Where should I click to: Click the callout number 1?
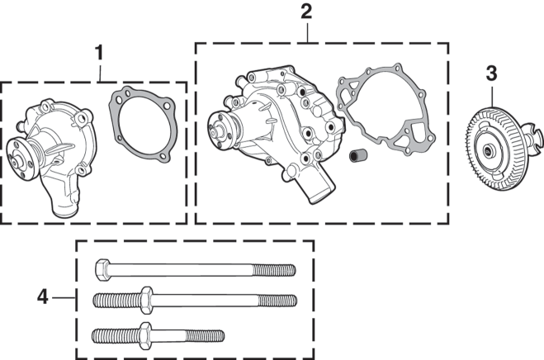tap(99, 53)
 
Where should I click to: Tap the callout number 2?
tap(306, 12)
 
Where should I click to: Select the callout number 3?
tap(491, 73)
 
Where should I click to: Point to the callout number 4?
tap(43, 297)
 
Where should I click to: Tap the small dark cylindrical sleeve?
tap(358, 155)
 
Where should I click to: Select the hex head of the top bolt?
tap(102, 270)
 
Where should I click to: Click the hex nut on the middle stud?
tap(146, 301)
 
